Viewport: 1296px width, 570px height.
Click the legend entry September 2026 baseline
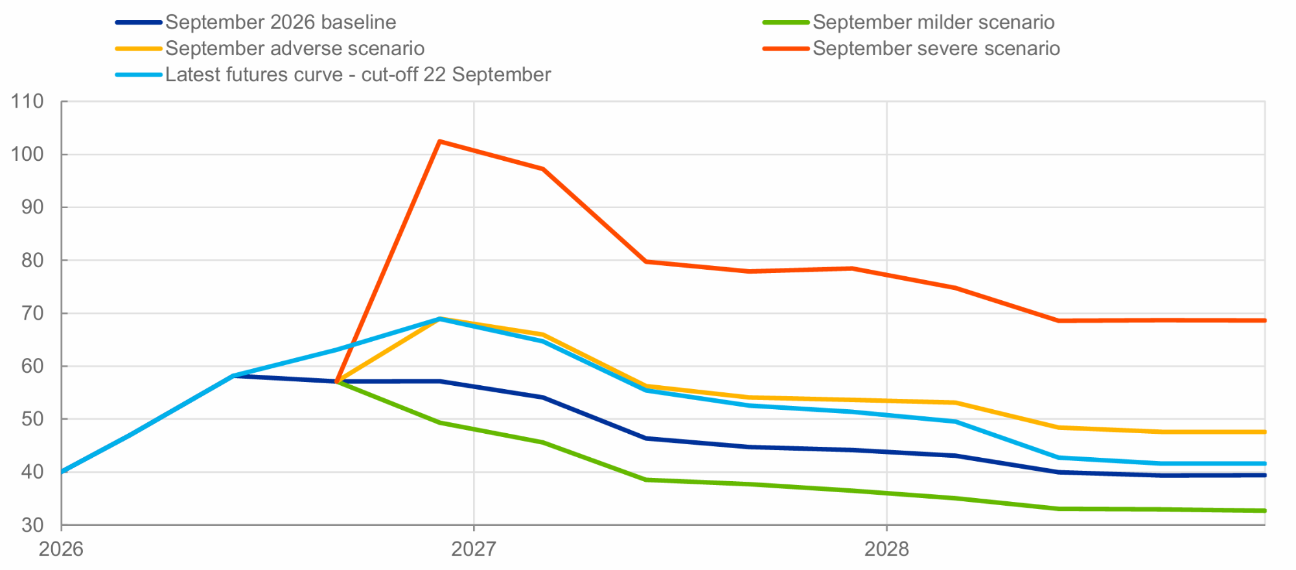point(281,23)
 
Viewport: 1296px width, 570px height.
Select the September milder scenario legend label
point(934,23)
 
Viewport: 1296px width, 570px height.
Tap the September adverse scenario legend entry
point(295,49)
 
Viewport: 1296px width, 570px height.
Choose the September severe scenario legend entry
point(936,49)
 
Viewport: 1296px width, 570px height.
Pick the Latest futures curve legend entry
point(358,75)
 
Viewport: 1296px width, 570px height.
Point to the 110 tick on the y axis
point(27,101)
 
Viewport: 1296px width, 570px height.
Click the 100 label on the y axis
point(27,154)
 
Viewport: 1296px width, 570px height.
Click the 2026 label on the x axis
point(61,549)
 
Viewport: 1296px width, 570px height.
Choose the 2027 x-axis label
point(474,549)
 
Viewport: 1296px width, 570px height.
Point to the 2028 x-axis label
point(886,549)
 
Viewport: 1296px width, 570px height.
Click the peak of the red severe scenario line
point(439,141)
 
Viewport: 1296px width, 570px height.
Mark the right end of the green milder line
point(1264,511)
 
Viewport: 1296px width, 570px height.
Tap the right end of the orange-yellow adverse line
point(1264,432)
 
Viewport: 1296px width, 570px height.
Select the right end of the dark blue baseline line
point(1264,475)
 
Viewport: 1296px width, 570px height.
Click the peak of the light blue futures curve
point(439,319)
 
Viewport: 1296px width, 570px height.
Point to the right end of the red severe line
point(1264,320)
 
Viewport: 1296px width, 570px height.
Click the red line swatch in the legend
point(786,49)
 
